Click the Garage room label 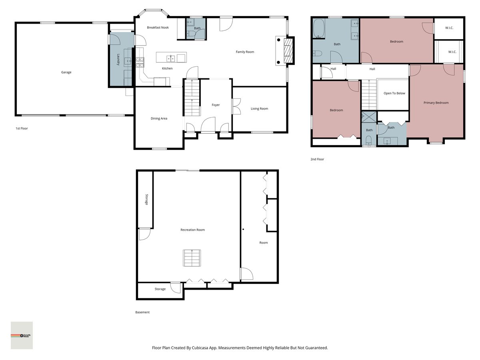coord(66,72)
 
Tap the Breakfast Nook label coord(158,28)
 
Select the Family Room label coord(245,52)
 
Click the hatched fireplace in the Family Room coord(288,51)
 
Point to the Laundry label coord(118,60)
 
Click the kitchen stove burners coord(140,62)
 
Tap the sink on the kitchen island coord(171,58)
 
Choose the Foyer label coord(216,105)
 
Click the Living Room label coord(259,109)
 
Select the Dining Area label coord(159,118)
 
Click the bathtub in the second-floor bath coord(319,28)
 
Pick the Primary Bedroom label coord(436,103)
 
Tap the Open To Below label coord(394,93)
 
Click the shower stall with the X coord(369,117)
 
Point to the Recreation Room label coord(193,230)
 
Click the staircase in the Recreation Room coord(192,258)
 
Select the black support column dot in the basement coord(243,229)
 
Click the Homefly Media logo coord(22,336)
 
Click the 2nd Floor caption coord(317,159)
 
